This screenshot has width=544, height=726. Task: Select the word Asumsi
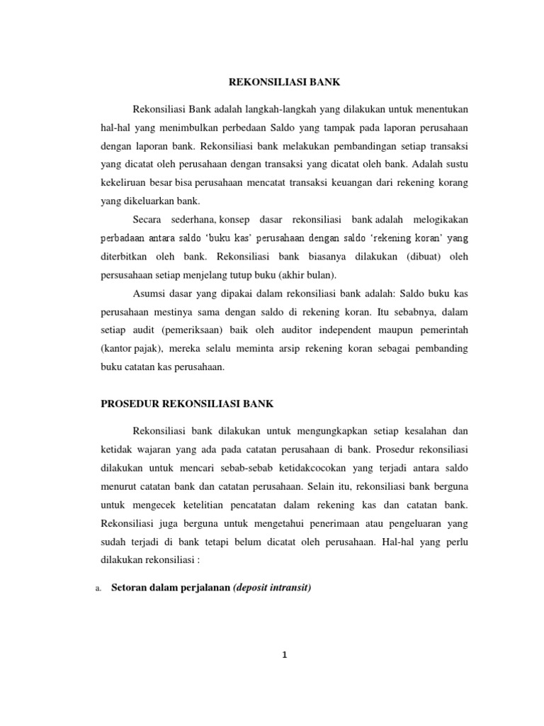148,293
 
